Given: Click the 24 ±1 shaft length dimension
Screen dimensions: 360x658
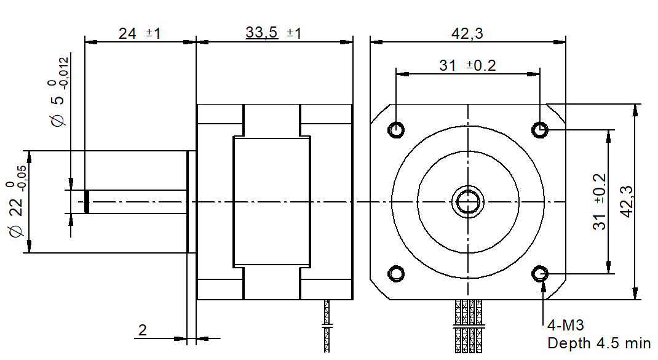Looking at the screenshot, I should [x=140, y=33].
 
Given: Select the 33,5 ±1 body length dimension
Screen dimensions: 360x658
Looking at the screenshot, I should [x=273, y=33].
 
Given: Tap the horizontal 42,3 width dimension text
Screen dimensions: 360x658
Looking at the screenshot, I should [x=467, y=33].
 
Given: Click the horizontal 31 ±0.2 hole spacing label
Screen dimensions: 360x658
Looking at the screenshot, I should [x=467, y=65].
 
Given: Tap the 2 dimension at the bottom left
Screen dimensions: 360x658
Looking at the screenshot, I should [x=143, y=330].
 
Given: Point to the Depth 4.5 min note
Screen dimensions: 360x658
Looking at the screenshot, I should [x=598, y=343].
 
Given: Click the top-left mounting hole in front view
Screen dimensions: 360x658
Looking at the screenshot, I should [x=397, y=129].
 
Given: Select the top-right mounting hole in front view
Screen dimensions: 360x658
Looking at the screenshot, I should [x=541, y=129].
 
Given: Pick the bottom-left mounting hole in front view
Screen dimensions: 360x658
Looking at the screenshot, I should [x=397, y=273].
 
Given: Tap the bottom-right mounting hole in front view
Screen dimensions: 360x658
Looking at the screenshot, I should [x=541, y=273].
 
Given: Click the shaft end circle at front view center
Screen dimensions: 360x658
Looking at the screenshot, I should [x=469, y=201].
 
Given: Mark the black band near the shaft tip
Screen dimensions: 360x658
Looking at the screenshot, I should [x=87, y=201].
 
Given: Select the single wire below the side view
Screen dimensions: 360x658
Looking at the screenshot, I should [x=327, y=326].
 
